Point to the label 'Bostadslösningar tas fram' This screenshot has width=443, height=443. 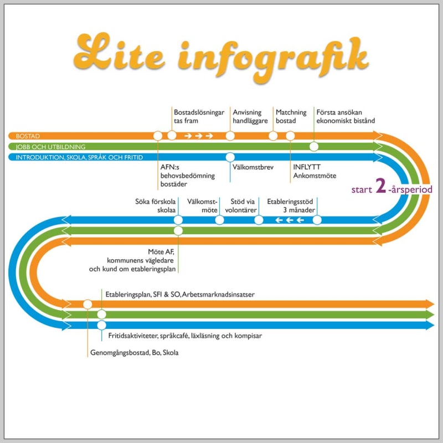click(x=198, y=116)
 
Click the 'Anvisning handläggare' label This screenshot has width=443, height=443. click(x=247, y=116)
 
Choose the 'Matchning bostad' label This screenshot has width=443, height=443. click(x=291, y=116)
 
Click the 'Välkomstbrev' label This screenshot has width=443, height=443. click(x=253, y=164)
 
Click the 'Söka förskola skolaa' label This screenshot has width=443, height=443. click(x=156, y=206)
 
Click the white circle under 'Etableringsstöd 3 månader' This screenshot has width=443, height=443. click(x=317, y=220)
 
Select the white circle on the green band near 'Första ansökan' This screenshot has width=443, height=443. click(x=314, y=147)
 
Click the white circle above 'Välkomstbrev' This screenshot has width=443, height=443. click(x=230, y=157)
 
